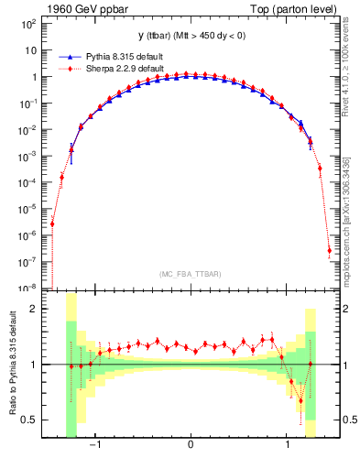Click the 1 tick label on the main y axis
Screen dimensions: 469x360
pyautogui.click(x=33, y=77)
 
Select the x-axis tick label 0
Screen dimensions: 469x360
pyautogui.click(x=190, y=444)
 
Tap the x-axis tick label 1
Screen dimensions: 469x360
pyautogui.click(x=289, y=444)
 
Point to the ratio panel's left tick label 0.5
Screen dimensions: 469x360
pyautogui.click(x=29, y=420)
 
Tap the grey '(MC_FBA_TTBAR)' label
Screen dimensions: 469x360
pyautogui.click(x=190, y=274)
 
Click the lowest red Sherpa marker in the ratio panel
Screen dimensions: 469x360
pyautogui.click(x=300, y=400)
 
